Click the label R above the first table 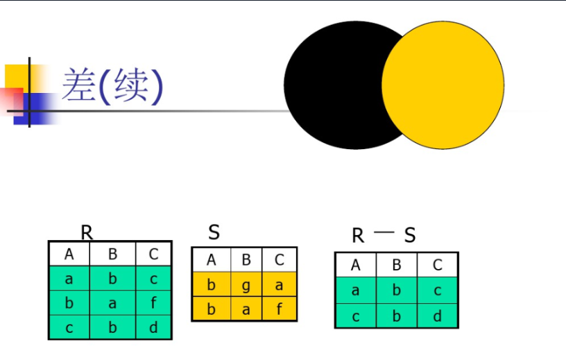[87, 232]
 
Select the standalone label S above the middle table [214, 232]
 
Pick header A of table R [69, 254]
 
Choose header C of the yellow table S [280, 260]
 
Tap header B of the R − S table [397, 265]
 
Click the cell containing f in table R [153, 303]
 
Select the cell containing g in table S [246, 284]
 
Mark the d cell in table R [153, 327]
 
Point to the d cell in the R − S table [438, 316]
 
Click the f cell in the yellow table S [280, 309]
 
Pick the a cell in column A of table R [69, 279]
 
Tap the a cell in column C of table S [280, 284]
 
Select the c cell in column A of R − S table [356, 316]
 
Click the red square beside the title [12, 99]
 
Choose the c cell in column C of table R [153, 279]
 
